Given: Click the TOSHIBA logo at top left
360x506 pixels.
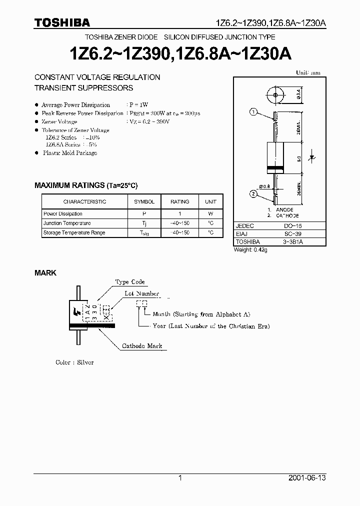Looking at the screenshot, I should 62,22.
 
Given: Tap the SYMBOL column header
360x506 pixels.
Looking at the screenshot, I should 144,201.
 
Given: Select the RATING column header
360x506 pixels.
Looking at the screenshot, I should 180,201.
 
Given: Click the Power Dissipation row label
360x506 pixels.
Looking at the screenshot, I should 63,213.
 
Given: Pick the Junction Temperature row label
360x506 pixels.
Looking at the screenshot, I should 67,223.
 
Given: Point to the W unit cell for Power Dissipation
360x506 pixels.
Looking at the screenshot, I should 210,213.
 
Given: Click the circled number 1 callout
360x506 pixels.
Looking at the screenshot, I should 253,113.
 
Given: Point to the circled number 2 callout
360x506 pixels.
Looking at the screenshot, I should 253,193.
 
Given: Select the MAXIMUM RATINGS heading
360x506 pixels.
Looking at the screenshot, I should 85,185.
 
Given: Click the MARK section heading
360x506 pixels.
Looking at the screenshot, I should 45,273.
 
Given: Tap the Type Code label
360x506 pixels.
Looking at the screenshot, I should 130,282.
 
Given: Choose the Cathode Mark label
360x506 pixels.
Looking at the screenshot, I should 142,346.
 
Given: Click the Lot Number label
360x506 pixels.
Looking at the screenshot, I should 141,293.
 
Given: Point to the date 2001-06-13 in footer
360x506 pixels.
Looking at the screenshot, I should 307,478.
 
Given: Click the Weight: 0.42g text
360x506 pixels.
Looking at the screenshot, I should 250,250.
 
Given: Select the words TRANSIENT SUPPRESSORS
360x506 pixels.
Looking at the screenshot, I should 83,87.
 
